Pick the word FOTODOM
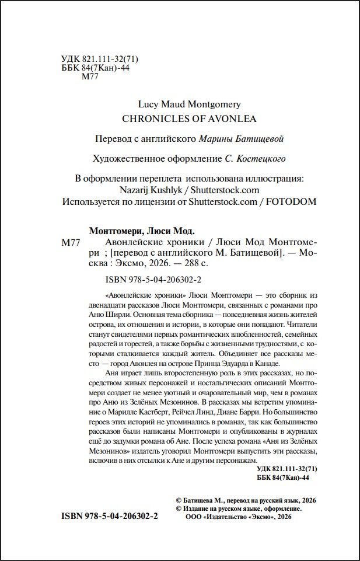tap(291, 201)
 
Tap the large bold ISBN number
tap(110, 517)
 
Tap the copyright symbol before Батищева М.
tap(178, 501)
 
